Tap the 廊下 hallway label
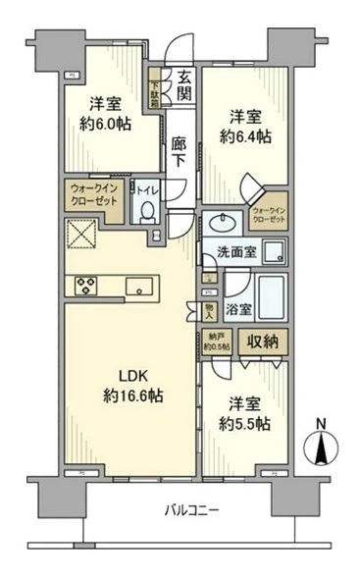point(179,151)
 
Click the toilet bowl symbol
point(146,210)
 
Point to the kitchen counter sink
point(139,287)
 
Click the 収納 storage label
point(264,342)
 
